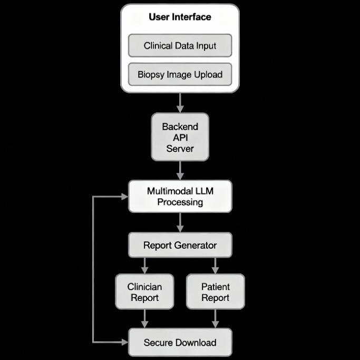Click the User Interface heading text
(x=180, y=17)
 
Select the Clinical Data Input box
(x=180, y=46)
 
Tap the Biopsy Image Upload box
(x=180, y=74)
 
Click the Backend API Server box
(x=180, y=137)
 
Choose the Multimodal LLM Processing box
(x=180, y=197)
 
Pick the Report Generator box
(x=180, y=245)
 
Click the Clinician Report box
(x=144, y=292)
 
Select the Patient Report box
(x=215, y=292)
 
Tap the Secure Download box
(x=180, y=343)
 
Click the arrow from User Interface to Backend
(x=180, y=102)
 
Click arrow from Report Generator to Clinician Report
(x=145, y=266)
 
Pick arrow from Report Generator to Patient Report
(x=215, y=266)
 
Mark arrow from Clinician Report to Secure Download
(x=145, y=318)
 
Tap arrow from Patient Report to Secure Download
(x=215, y=318)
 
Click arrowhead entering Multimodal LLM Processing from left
(x=125, y=197)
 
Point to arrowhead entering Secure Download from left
(x=125, y=343)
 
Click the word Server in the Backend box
(x=180, y=149)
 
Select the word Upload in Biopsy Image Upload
(x=208, y=74)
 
